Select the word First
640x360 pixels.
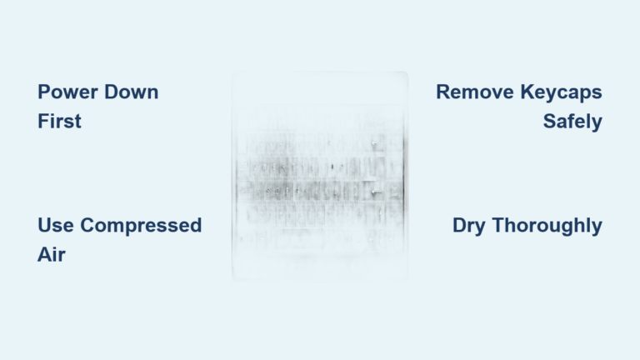coord(59,122)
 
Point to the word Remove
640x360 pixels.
coord(472,92)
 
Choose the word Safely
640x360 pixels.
coord(572,122)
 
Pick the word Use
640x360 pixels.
coord(55,226)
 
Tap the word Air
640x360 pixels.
coord(51,255)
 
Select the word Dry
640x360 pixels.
coord(471,226)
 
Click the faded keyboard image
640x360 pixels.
coord(320,177)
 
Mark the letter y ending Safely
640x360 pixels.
coord(596,124)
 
